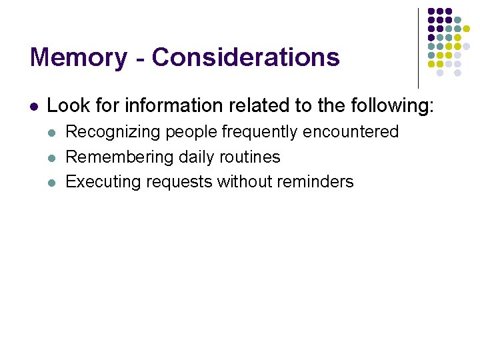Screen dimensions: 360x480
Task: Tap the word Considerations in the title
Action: [246, 57]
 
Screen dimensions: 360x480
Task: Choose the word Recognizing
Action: [113, 132]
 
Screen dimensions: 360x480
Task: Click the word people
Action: [191, 132]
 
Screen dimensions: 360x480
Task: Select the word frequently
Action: [259, 132]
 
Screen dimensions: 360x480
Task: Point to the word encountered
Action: [351, 132]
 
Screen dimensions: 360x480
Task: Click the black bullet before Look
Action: [33, 106]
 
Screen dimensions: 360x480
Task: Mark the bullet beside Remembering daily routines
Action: [52, 157]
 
